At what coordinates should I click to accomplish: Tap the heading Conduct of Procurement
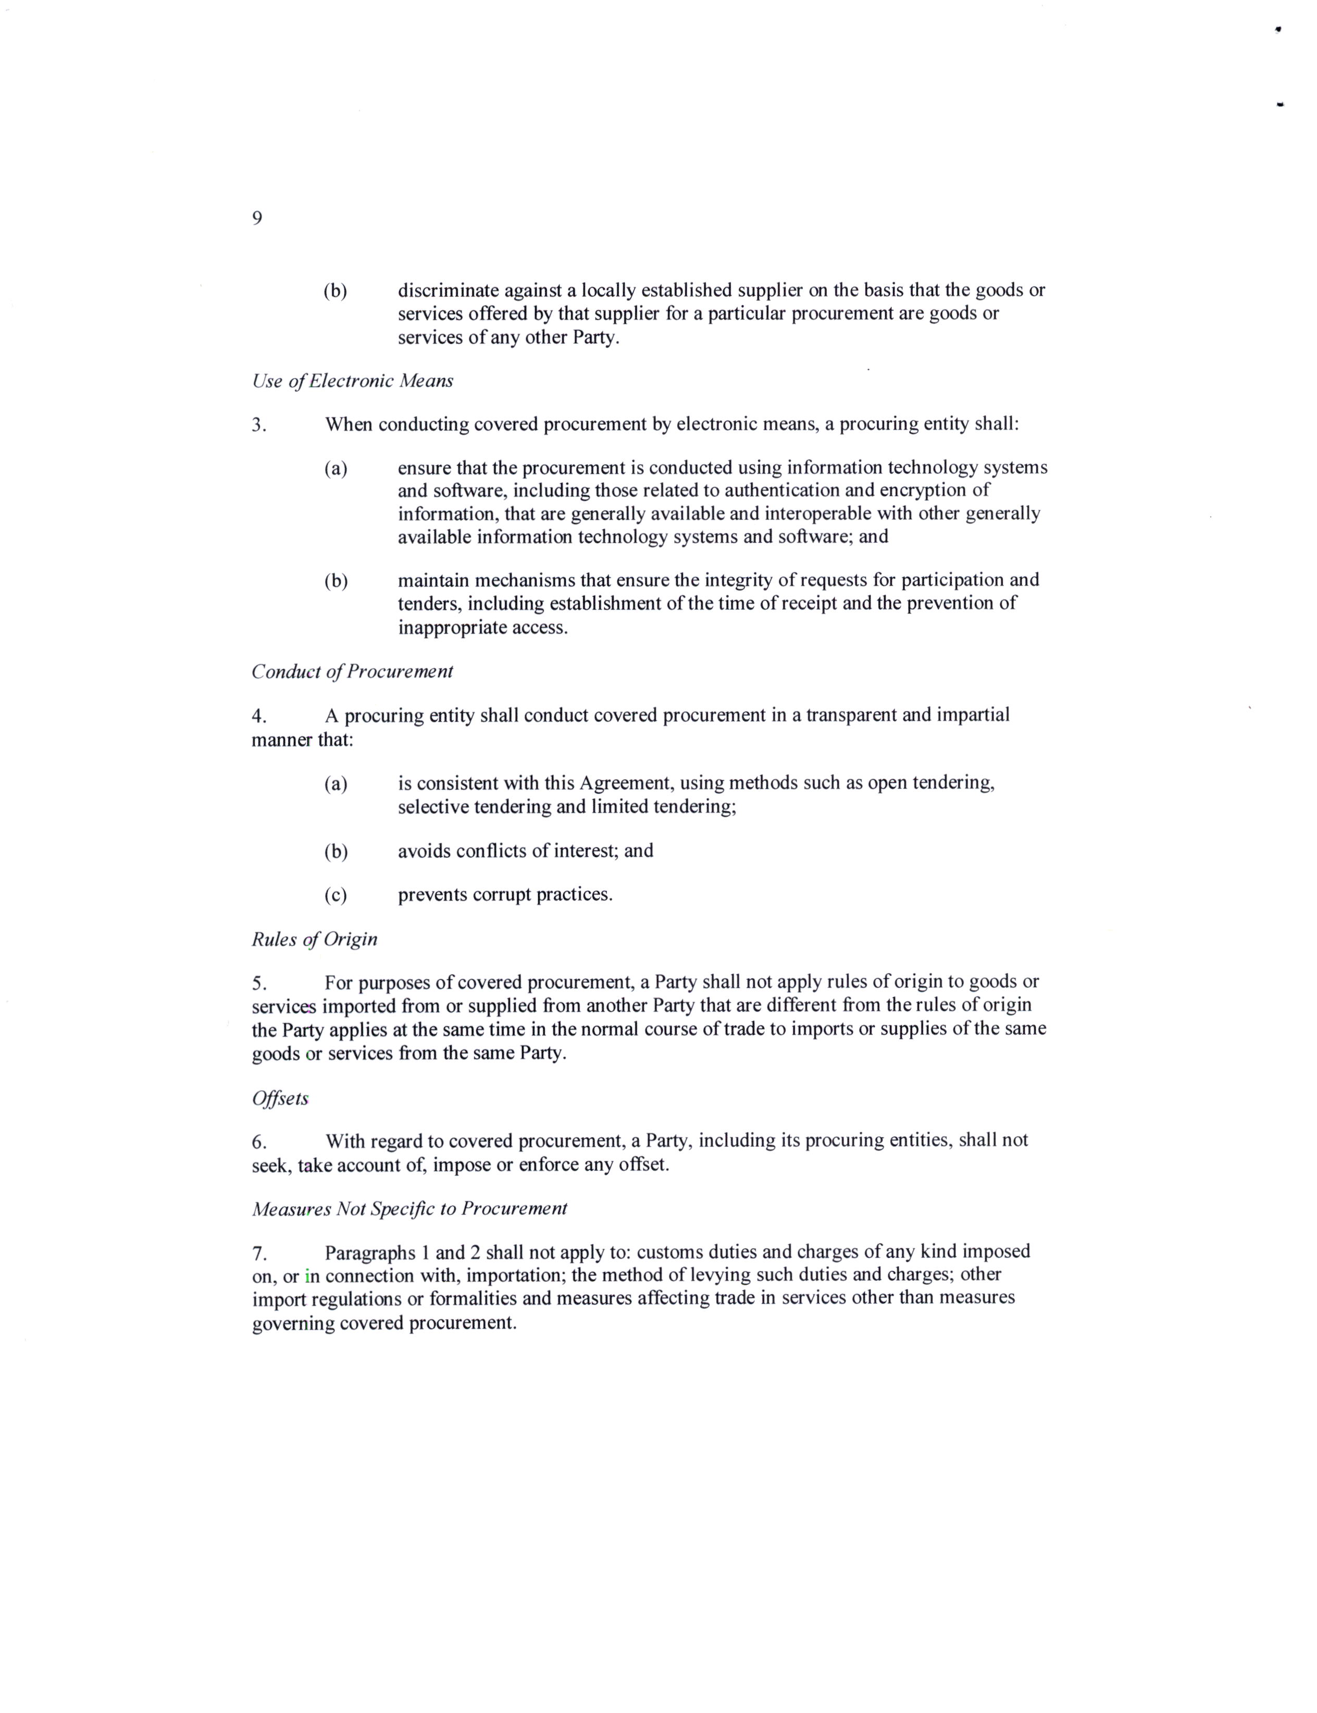click(x=352, y=671)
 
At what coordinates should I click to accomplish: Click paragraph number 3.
click(x=259, y=426)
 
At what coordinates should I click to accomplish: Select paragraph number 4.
click(x=259, y=716)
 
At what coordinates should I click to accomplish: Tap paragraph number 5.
click(x=259, y=983)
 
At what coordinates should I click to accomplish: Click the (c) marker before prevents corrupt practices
click(x=336, y=895)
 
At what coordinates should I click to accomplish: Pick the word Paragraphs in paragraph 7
click(x=370, y=1252)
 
